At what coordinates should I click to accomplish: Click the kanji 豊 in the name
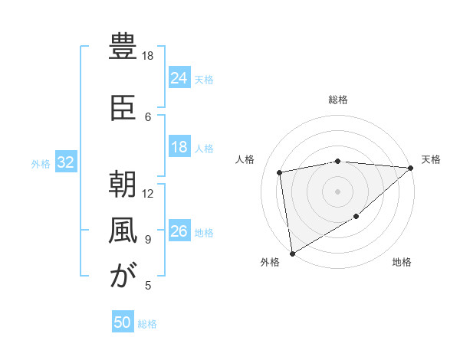click(123, 47)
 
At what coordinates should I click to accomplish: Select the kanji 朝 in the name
click(123, 185)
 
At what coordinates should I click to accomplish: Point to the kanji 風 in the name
click(123, 231)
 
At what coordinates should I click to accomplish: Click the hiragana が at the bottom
click(123, 277)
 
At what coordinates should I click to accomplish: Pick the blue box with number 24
click(179, 78)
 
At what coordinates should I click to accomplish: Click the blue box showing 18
click(179, 148)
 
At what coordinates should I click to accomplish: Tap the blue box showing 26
click(179, 232)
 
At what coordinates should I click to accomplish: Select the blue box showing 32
click(66, 162)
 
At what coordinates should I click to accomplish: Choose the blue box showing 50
click(123, 323)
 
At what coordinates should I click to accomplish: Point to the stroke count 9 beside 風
click(148, 240)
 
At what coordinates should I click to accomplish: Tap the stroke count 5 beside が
click(148, 286)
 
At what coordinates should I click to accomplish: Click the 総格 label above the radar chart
click(338, 100)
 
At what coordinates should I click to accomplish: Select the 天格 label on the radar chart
click(432, 159)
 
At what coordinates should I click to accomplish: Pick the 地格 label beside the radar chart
click(402, 263)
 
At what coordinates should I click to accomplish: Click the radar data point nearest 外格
click(291, 253)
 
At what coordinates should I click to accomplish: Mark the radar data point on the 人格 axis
click(281, 172)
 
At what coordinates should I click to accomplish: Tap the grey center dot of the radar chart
click(338, 191)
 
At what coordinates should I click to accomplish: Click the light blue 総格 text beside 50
click(148, 324)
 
